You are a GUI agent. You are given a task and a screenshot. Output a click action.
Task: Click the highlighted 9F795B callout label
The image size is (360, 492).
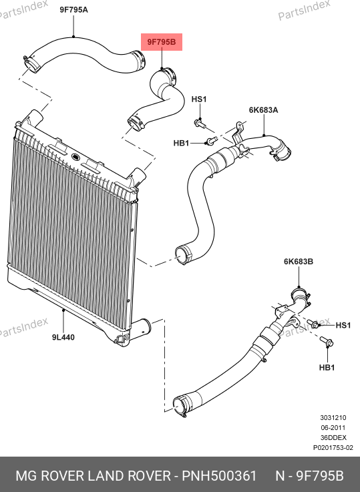[x=162, y=42]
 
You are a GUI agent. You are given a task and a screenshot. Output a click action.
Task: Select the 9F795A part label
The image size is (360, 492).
[x=74, y=10]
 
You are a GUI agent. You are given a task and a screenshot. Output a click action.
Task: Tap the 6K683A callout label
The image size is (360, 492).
[x=264, y=110]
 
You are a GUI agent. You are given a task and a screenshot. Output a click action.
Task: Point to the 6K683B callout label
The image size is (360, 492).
[x=299, y=262]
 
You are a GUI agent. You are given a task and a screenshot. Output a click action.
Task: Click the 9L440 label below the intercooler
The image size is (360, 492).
[x=63, y=337]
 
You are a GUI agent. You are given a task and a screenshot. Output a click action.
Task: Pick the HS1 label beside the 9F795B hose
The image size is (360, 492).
[x=199, y=99]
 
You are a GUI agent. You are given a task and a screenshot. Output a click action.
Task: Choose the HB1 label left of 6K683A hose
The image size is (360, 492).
[x=182, y=143]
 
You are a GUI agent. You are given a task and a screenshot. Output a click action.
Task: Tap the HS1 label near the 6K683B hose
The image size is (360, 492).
[x=343, y=325]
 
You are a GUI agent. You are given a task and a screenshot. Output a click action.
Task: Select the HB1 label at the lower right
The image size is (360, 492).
[x=327, y=367]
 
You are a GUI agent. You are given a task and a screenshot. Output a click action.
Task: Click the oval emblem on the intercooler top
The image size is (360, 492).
[x=76, y=156]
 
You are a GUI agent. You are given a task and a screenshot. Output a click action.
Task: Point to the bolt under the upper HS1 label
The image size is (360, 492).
[x=200, y=124]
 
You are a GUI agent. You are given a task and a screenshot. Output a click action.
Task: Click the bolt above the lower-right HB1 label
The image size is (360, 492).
[x=327, y=341]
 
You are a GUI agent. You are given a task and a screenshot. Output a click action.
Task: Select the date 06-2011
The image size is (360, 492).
[x=333, y=428]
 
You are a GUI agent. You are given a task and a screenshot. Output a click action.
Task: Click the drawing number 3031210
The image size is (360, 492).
[x=333, y=418]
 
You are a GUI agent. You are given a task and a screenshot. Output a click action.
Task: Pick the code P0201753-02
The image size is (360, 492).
[x=333, y=448]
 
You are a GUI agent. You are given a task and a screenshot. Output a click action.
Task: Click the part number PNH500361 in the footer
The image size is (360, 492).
[x=219, y=476]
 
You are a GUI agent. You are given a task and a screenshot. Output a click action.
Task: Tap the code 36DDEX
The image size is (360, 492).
[x=333, y=438]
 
